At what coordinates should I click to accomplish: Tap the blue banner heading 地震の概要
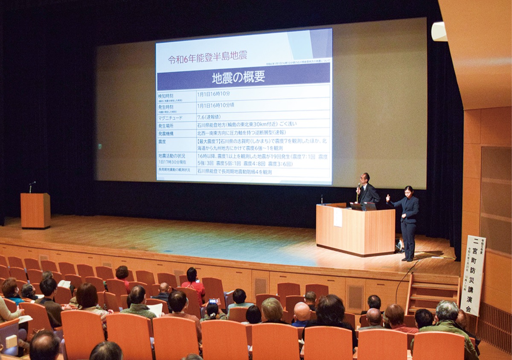click(239, 77)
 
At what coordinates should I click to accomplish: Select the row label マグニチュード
click(170, 117)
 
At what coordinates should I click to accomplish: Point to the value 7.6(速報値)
click(212, 117)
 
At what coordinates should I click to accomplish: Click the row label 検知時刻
click(166, 96)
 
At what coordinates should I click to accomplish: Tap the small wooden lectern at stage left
click(35, 210)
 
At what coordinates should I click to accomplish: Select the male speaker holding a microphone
click(367, 190)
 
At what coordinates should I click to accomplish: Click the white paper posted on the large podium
click(337, 218)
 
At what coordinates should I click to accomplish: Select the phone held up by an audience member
click(212, 302)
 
